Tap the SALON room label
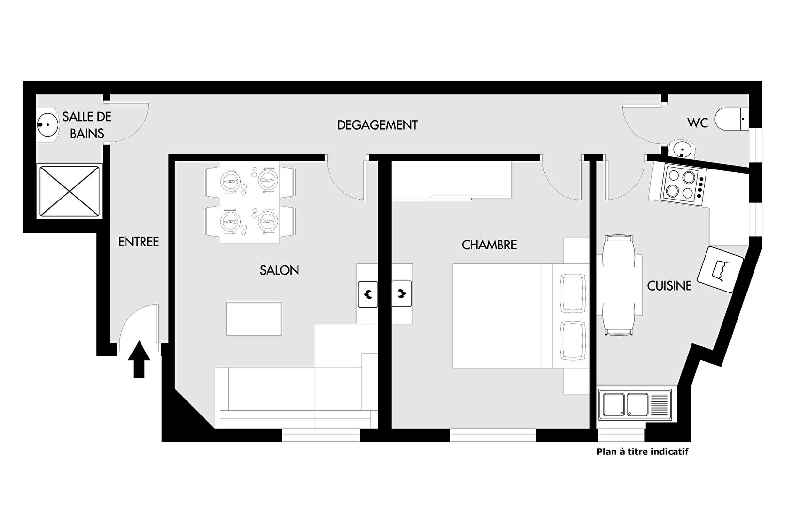coord(279,270)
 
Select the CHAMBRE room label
coord(489,245)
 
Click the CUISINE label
coord(669,286)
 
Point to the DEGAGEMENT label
coord(377,125)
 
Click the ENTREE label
coord(139,242)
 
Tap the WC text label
coord(697,123)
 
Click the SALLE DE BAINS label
coord(87,125)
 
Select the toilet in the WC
coord(732,119)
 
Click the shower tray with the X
coord(70,192)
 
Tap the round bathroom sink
coord(47,125)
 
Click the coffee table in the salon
coord(254,319)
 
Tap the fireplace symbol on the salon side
coord(368,294)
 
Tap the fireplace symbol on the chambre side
coord(402,294)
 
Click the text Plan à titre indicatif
coord(643,452)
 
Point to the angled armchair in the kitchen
coord(721,269)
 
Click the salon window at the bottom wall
coord(321,435)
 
